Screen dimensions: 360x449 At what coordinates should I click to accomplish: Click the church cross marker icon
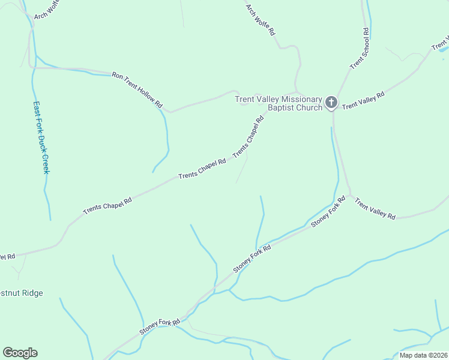[x=331, y=103]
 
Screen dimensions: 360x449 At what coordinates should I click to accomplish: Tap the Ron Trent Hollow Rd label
[x=137, y=90]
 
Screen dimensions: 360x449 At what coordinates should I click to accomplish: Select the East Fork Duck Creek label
[x=41, y=136]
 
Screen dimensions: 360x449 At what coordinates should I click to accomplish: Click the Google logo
[x=20, y=353]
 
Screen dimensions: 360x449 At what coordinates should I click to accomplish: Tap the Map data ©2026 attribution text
[x=423, y=355]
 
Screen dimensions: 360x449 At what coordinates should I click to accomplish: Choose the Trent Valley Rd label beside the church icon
[x=363, y=100]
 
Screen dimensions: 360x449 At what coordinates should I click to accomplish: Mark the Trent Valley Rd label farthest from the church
[x=375, y=209]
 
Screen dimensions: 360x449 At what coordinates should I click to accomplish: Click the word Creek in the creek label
[x=45, y=163]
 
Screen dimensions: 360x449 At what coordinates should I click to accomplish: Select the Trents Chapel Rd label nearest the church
[x=249, y=137]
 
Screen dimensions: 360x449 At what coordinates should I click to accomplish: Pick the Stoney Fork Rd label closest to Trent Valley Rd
[x=328, y=212]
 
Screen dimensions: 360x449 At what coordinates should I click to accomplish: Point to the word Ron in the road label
[x=118, y=76]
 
